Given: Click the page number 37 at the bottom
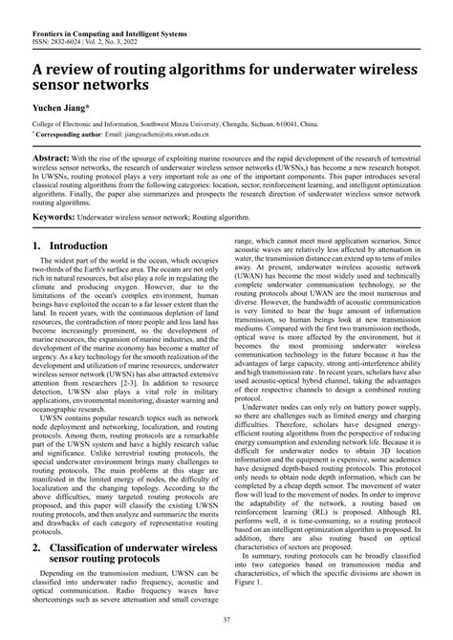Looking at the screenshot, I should pos(226,623).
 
